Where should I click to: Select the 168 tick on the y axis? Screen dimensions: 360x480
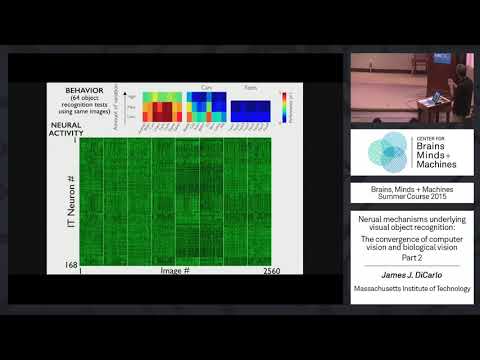[69, 264]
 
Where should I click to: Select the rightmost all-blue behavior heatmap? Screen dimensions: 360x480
[250, 109]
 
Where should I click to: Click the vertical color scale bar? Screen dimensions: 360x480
[284, 108]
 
